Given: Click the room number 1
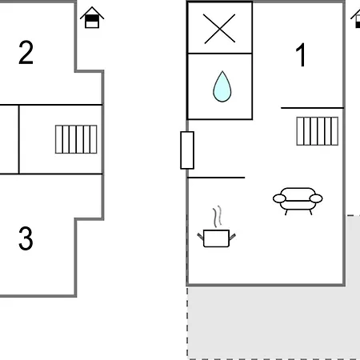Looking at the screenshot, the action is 301,54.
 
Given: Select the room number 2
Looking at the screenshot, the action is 26,53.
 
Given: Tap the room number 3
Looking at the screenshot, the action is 26,238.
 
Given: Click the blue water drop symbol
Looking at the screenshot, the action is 222,86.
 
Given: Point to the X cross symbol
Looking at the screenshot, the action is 219,29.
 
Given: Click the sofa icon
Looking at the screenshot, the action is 298,201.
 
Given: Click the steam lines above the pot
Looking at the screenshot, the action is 218,216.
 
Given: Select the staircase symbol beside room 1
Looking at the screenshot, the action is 318,131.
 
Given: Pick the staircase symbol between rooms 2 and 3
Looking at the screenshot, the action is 76,139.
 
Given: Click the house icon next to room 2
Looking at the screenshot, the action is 92,18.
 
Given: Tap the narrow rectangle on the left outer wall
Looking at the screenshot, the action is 187,150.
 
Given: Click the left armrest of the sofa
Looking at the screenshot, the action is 279,198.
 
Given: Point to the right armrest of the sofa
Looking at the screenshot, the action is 316,198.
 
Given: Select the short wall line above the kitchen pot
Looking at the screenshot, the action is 216,178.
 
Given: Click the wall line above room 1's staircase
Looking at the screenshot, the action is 312,108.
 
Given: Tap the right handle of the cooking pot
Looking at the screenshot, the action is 232,237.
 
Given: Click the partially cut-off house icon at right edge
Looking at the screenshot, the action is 356,18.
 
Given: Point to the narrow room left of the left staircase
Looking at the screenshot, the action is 9,139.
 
